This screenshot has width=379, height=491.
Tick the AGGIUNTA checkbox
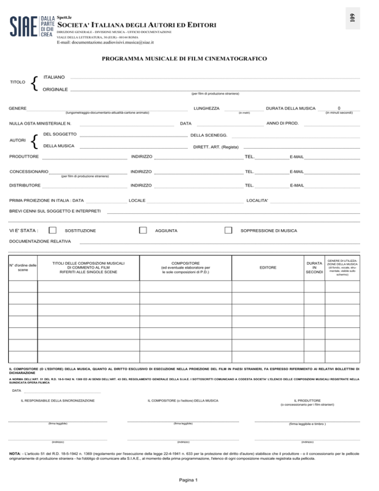point(143,231)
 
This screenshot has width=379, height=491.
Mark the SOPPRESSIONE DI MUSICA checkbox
point(228,231)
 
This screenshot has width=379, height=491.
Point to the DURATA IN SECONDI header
point(314,267)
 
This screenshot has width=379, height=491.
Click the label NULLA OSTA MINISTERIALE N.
point(40,123)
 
